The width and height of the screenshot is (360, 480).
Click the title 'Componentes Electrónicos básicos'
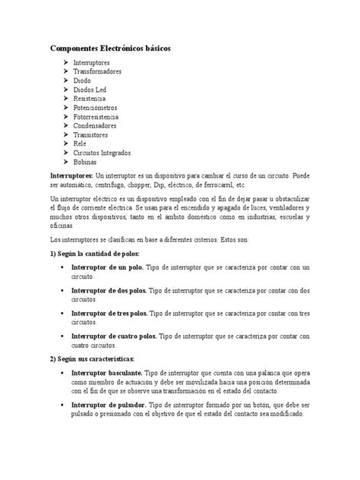(111, 48)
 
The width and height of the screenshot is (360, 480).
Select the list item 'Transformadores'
(97, 71)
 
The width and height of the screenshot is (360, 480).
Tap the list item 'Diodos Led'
(90, 89)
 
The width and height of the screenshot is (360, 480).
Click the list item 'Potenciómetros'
(96, 108)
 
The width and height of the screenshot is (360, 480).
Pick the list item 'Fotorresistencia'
(98, 117)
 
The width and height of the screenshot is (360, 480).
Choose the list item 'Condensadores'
(96, 126)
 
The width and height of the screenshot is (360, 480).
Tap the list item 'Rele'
(81, 144)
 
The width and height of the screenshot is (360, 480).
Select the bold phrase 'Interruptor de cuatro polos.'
(114, 334)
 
